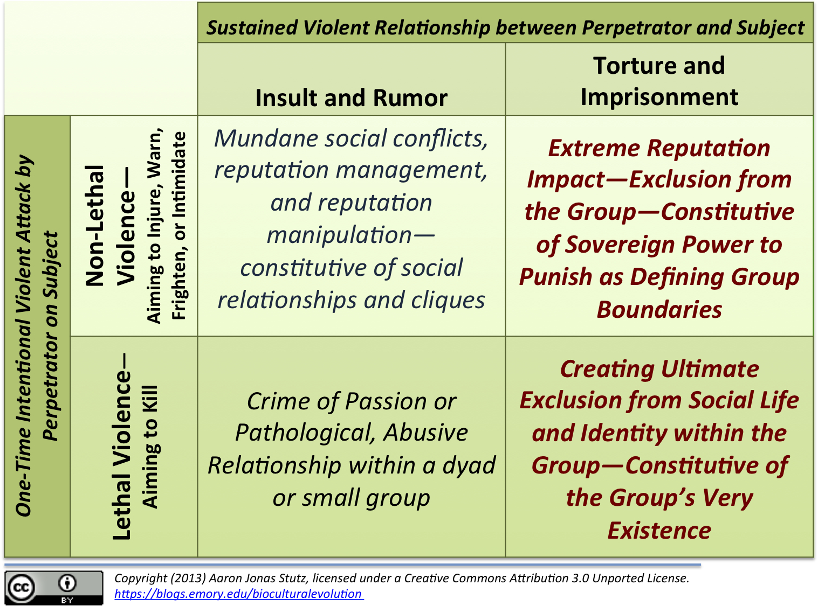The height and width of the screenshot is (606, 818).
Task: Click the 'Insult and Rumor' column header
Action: click(351, 98)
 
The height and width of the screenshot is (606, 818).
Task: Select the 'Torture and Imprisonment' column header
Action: click(659, 81)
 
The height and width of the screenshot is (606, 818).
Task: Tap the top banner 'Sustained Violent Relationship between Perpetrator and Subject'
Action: click(505, 27)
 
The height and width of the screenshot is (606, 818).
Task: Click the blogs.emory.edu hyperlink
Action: click(238, 594)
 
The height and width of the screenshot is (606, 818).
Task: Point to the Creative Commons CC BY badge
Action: click(53, 588)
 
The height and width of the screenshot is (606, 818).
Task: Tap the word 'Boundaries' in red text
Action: click(659, 310)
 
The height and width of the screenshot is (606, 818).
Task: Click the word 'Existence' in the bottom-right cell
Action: click(659, 531)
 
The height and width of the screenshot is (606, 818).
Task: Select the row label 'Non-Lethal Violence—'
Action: click(111, 226)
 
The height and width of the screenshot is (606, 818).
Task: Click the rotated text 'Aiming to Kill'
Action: click(149, 447)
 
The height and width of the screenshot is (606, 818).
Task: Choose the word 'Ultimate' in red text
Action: click(710, 369)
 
